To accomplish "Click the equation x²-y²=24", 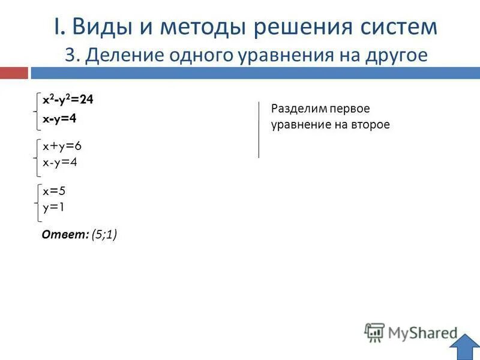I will point(67,100).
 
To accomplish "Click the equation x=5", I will point(53,191).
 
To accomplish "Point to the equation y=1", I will point(53,207).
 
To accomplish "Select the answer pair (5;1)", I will point(104,235).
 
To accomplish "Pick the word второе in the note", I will point(371,125).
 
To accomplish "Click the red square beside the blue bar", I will point(14,73).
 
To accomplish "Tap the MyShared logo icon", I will point(374,332).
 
